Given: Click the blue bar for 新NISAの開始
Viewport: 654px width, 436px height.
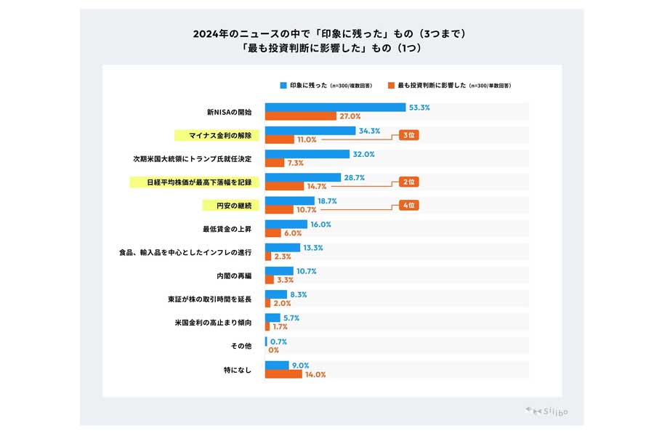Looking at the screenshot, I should click(x=335, y=108).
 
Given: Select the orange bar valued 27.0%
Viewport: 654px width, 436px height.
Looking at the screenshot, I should click(x=300, y=116).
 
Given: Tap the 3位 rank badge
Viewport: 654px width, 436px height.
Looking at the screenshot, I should click(x=408, y=135).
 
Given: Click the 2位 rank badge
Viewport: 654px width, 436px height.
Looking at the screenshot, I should click(x=408, y=182).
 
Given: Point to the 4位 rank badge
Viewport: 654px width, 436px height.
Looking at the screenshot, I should click(x=408, y=206).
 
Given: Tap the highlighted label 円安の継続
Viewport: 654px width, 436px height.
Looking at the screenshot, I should click(x=229, y=206).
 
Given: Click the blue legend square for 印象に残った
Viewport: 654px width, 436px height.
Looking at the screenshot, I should click(x=283, y=85).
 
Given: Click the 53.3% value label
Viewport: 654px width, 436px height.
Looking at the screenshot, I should click(x=420, y=108).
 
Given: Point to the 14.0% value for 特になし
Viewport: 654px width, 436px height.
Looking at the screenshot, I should click(x=315, y=375).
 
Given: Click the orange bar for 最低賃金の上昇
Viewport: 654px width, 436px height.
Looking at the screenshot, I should click(x=273, y=233).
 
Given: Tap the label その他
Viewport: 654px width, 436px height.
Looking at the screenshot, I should click(x=242, y=346).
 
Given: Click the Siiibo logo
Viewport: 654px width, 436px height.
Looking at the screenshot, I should click(x=546, y=411).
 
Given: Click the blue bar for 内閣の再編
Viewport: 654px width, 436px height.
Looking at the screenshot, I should click(x=279, y=271).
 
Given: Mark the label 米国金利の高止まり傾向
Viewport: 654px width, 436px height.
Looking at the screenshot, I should click(x=213, y=322).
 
